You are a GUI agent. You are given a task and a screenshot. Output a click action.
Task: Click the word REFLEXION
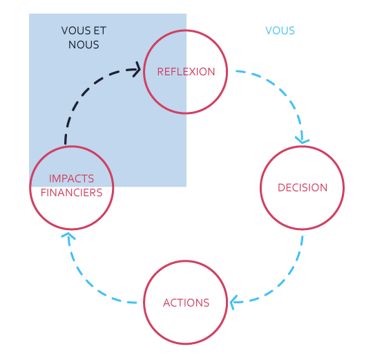point(186,72)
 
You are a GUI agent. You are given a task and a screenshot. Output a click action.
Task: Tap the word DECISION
point(303,187)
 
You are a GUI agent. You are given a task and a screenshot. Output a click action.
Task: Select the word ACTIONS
point(186,303)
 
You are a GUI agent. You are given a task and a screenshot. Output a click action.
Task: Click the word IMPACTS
point(71,178)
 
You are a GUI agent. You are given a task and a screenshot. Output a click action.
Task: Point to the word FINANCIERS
point(71,193)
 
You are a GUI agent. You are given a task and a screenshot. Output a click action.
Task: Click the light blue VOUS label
point(280,30)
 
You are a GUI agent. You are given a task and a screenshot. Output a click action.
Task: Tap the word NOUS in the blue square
point(84,45)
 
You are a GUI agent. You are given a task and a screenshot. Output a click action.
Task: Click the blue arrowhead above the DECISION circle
point(302,140)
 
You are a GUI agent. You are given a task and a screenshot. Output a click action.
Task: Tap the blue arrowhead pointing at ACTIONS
point(234,303)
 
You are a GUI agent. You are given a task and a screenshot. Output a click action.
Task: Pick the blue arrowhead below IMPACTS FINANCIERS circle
point(68,236)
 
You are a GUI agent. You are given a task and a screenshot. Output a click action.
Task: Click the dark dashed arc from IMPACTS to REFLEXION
point(87,91)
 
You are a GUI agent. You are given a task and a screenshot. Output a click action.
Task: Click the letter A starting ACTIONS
point(166,303)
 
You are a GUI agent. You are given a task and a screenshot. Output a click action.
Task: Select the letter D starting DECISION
point(281,187)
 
